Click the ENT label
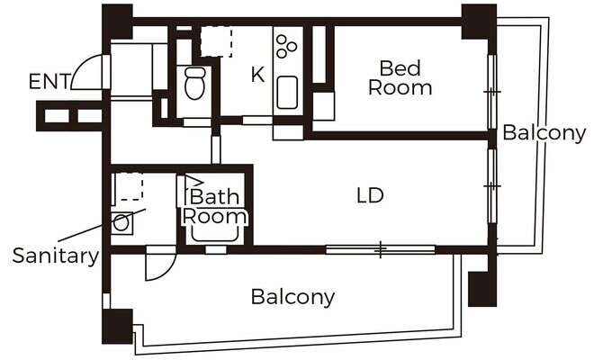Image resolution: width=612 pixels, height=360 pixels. (49, 82)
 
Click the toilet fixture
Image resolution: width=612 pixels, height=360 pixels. (194, 83)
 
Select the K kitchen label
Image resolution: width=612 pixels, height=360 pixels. (257, 75)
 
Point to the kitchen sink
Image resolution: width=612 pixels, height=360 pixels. (287, 93)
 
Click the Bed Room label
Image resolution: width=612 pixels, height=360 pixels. (400, 77)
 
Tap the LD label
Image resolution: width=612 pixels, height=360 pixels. (370, 195)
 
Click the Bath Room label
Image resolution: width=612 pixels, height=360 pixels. (215, 206)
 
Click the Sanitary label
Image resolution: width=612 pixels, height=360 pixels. (56, 256)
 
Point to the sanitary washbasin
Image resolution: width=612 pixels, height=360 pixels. (121, 223)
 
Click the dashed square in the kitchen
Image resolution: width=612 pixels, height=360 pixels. (216, 41)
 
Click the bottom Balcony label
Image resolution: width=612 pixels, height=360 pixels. (292, 297)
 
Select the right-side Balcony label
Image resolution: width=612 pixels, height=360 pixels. (544, 133)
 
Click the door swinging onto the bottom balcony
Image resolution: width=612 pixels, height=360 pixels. (160, 265)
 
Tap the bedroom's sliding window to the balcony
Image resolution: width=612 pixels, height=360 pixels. (492, 92)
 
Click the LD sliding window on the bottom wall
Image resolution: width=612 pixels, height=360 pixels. (381, 249)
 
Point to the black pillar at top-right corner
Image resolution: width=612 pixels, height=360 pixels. (479, 22)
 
